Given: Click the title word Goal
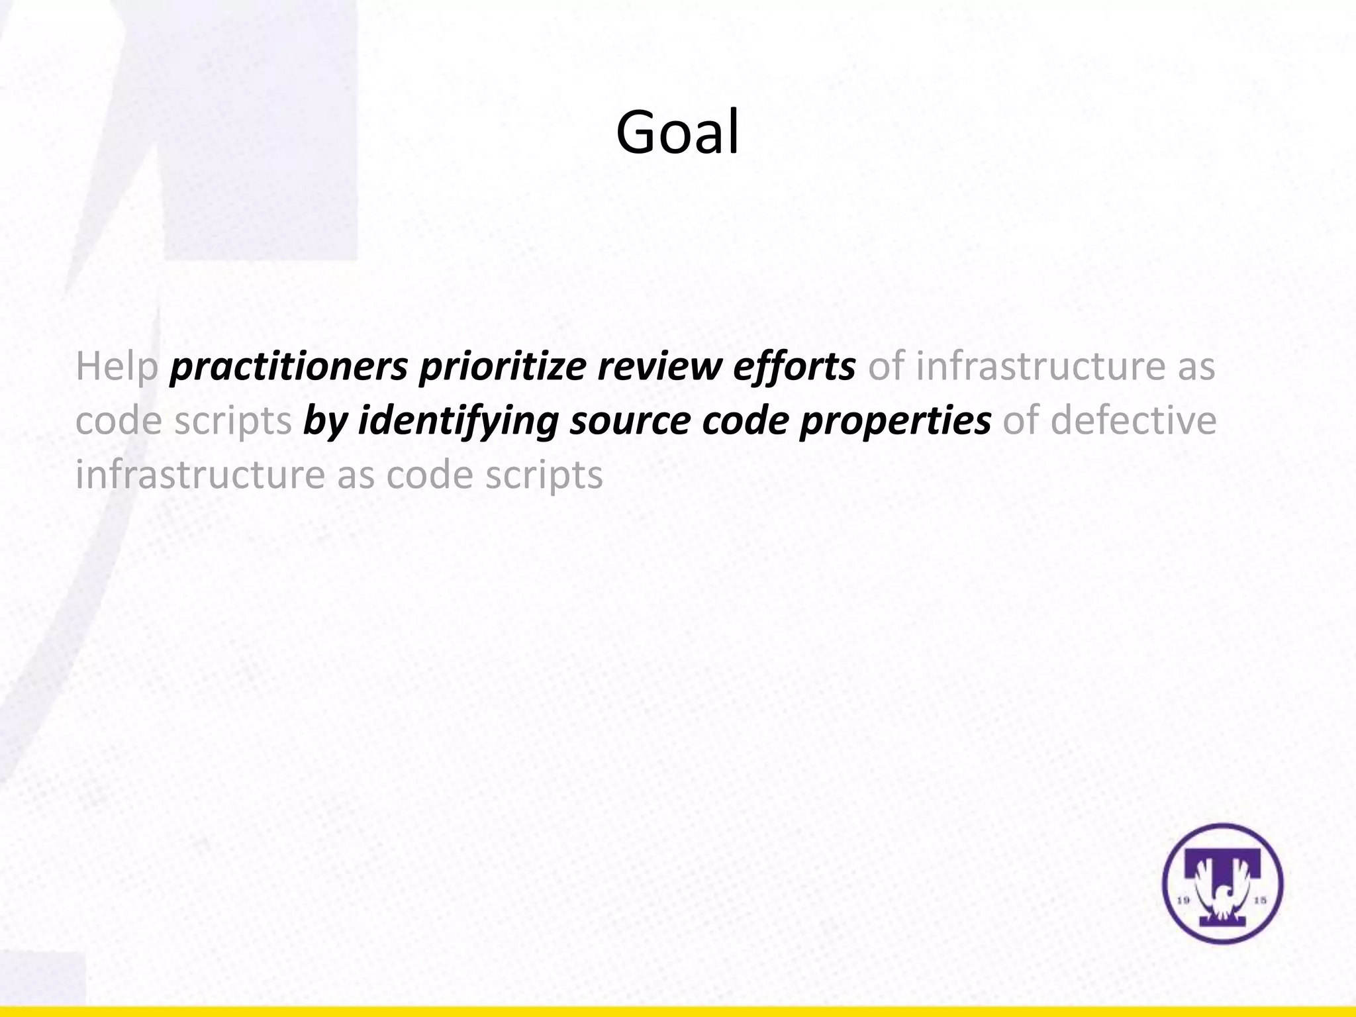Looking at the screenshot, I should (677, 132).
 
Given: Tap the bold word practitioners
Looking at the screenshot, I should (289, 367).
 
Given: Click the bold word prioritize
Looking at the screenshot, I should (502, 367).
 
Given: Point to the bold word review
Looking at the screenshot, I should (659, 367).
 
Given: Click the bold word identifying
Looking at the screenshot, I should (458, 421).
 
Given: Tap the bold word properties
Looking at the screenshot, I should (895, 421).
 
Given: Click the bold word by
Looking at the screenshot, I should (324, 421).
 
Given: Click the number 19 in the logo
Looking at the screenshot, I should (1185, 900).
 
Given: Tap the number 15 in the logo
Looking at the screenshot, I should (1260, 900).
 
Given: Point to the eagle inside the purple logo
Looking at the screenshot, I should (1222, 900).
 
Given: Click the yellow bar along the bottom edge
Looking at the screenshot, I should (678, 1011).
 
